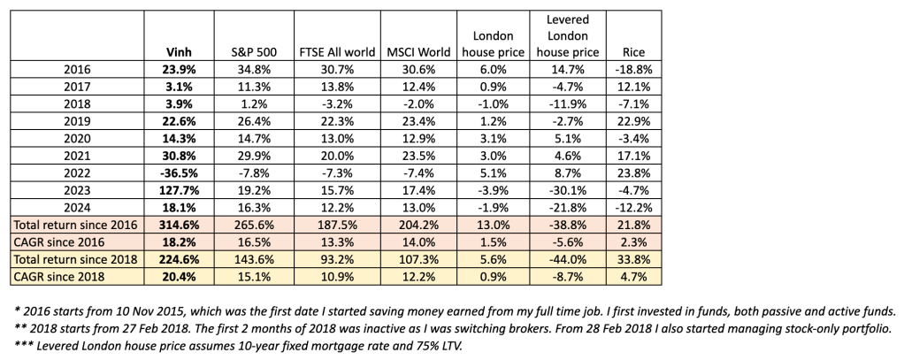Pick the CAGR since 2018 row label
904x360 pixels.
click(x=66, y=276)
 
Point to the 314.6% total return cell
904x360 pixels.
click(x=178, y=224)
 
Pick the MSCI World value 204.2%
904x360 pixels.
click(x=416, y=224)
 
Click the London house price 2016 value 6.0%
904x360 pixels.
click(x=493, y=69)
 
